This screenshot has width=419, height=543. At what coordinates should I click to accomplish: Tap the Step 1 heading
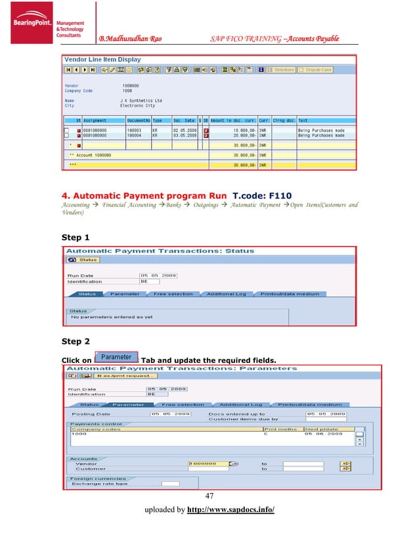tap(76, 237)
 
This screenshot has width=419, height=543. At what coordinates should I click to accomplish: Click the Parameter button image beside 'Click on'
tap(116, 358)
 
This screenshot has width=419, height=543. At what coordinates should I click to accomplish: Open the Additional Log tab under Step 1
tap(226, 294)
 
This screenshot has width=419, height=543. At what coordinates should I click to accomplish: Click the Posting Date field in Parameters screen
tap(170, 414)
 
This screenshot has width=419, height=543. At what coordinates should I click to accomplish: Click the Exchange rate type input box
tap(169, 484)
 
